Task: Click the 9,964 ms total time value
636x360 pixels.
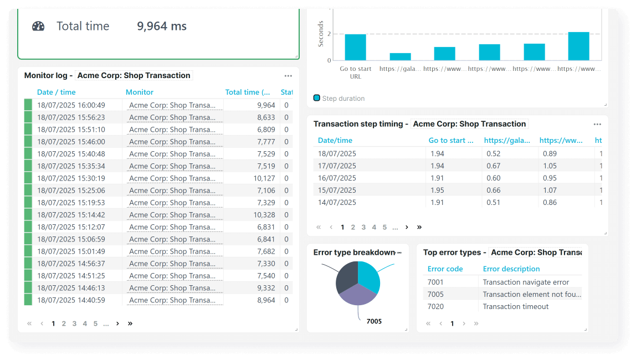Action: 162,26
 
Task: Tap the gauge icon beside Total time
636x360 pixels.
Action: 38,26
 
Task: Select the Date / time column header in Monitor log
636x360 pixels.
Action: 57,92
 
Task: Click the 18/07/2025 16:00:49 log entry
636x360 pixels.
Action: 71,105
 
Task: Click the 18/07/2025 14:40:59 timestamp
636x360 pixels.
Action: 71,300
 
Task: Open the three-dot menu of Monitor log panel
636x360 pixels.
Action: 288,76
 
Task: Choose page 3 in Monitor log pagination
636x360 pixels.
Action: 74,323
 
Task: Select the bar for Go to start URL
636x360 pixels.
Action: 355,48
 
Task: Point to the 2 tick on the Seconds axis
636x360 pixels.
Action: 329,34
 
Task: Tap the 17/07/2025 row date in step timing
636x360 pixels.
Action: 337,166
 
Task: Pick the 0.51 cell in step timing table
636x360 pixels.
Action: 493,202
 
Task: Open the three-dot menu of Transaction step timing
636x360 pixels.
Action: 597,124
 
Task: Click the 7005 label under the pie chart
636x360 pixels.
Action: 374,321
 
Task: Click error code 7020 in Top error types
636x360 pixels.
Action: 435,306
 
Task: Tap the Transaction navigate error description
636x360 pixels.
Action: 526,282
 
